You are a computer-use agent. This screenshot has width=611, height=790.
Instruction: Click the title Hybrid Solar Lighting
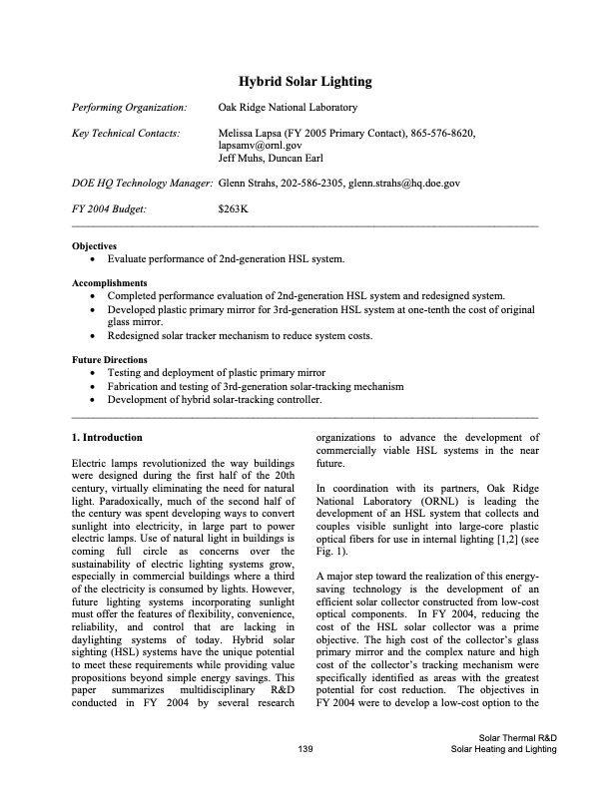point(305,81)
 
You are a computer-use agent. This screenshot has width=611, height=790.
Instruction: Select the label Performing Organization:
point(130,108)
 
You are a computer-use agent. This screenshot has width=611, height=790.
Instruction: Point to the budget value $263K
point(233,209)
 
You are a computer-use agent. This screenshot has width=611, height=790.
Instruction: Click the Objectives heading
point(95,245)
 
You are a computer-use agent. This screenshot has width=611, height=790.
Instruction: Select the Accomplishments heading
point(111,283)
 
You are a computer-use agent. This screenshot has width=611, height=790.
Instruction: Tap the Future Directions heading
point(110,359)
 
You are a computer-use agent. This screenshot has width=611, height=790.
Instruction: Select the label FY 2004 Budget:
point(110,209)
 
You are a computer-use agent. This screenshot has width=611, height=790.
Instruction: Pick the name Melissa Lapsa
point(250,133)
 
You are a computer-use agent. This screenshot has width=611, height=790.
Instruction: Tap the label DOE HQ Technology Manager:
point(142,184)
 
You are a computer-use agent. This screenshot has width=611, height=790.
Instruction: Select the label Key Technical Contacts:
point(127,133)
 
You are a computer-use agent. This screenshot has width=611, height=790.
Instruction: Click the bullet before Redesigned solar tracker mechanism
point(94,336)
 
